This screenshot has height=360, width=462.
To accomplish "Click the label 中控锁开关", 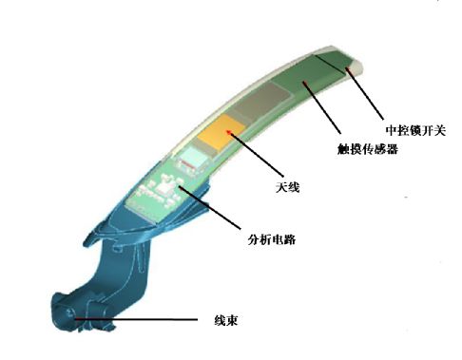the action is click(x=414, y=128).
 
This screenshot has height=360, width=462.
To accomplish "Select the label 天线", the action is click(x=286, y=187).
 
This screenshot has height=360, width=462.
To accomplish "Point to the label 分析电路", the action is click(x=271, y=237).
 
